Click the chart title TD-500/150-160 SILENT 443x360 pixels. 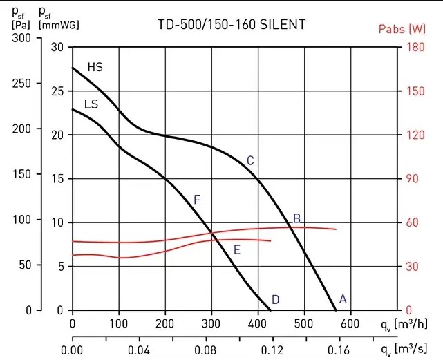coord(231,25)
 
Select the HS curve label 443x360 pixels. coord(95,68)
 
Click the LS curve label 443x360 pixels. coord(91,104)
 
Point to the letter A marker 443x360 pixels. coord(341,299)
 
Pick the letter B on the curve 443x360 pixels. coord(296,218)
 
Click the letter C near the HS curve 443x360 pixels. coord(250,161)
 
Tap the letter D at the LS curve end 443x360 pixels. coord(275,299)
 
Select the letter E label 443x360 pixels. coord(236,249)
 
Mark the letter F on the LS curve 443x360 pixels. coord(197,200)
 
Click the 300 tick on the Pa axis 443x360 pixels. coord(23,39)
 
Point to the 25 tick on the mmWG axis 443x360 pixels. coord(57,91)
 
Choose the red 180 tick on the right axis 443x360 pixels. coord(413,47)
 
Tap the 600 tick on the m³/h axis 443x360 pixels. coord(350,323)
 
